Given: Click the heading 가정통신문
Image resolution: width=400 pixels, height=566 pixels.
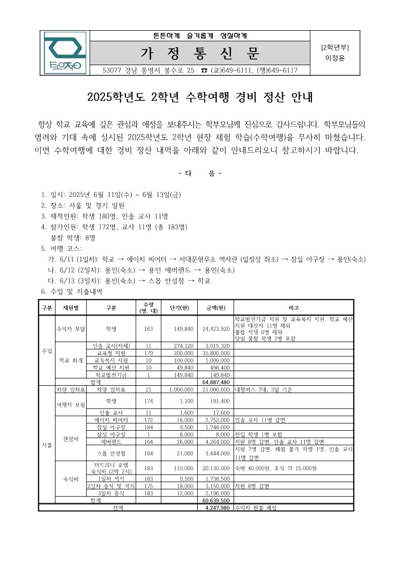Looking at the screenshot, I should (x=200, y=53).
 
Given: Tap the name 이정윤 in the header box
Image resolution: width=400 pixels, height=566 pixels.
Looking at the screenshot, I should (x=335, y=58).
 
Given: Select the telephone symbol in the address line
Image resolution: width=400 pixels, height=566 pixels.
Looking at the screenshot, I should (x=204, y=70).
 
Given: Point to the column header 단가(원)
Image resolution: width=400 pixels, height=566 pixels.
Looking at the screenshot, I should (x=180, y=307).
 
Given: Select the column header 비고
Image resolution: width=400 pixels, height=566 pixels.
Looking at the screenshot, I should (x=294, y=307).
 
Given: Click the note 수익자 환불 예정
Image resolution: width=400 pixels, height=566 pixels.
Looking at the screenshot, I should (x=256, y=507).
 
